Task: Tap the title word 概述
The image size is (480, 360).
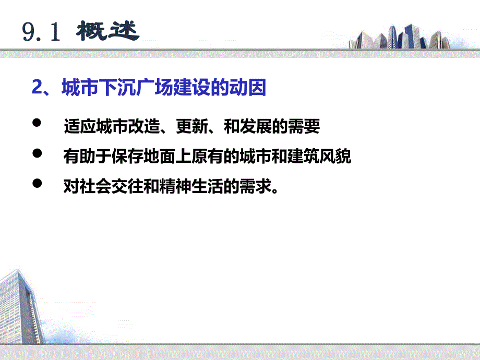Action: (x=108, y=32)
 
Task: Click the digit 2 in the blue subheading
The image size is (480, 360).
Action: (x=37, y=88)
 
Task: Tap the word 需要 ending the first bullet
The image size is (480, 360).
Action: (x=307, y=127)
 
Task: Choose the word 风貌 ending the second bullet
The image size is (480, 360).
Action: (x=338, y=157)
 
